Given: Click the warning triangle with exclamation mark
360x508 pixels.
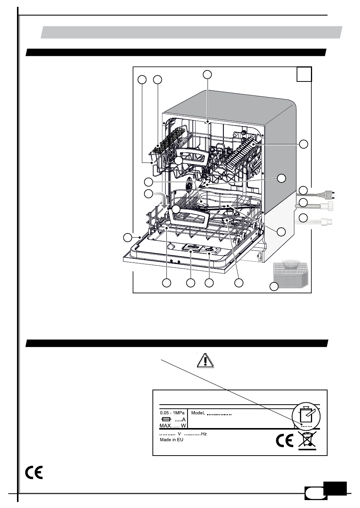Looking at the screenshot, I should coord(205,361).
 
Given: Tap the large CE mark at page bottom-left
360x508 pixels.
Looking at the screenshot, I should coord(34,473).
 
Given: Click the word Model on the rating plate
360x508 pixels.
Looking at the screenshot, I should coord(197,413).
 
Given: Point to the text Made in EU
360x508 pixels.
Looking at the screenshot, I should coord(171,440).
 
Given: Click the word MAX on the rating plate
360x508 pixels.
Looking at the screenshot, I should coord(165,425).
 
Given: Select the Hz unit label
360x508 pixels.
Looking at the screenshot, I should coord(204,434).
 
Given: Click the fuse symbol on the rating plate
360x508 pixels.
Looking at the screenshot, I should coord(165,419).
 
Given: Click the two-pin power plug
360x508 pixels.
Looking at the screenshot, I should coord(326,195).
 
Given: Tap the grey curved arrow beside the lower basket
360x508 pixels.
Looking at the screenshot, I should coord(162,199).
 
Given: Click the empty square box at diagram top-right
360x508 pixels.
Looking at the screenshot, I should coord(304,74).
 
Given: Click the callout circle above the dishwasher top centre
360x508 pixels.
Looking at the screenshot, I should coord(207,74).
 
